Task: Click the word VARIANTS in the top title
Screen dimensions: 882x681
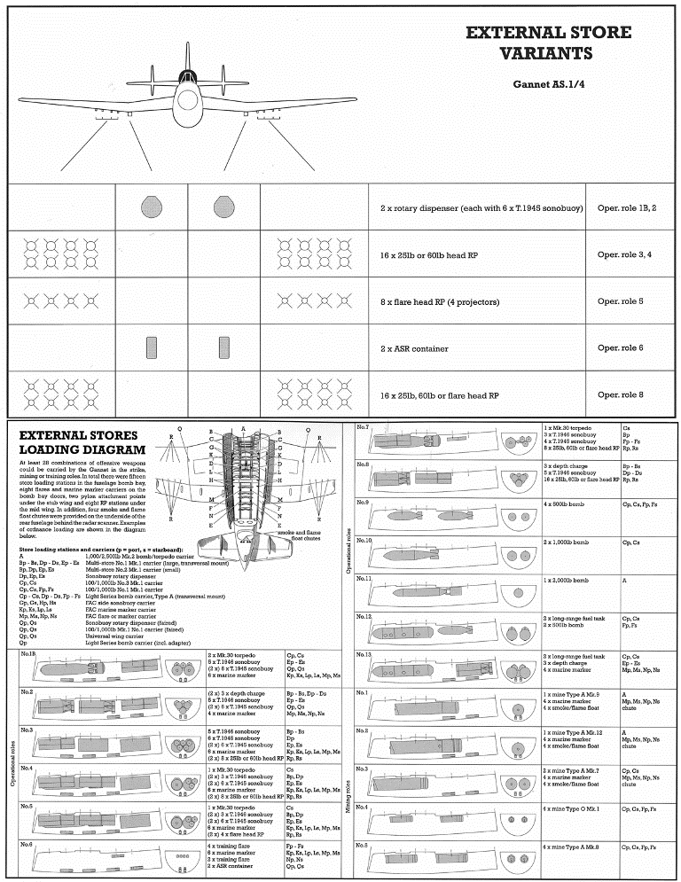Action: point(548,53)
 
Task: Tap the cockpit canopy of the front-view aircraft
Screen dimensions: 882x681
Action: point(188,78)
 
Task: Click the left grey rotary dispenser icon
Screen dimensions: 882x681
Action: point(149,208)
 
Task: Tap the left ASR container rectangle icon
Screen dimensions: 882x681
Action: point(150,348)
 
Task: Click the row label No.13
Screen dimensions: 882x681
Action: point(364,654)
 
